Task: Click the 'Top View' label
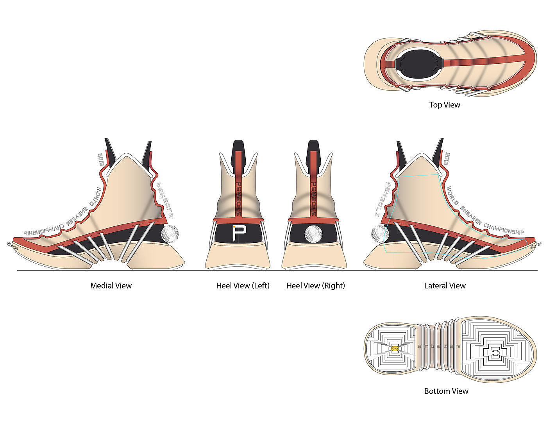[445, 105]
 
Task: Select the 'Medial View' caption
[111, 286]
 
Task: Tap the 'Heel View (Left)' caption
[243, 286]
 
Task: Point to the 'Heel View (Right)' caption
[316, 286]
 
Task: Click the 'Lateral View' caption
[445, 286]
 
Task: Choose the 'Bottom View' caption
[446, 391]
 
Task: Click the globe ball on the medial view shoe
[170, 234]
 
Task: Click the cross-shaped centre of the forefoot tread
[495, 353]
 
